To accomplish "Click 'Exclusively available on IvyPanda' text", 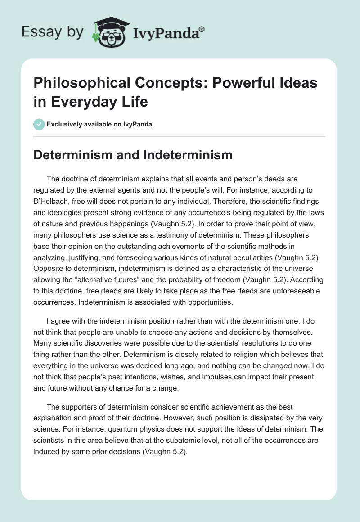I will coord(99,124).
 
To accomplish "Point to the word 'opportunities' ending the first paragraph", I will coord(205,302).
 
